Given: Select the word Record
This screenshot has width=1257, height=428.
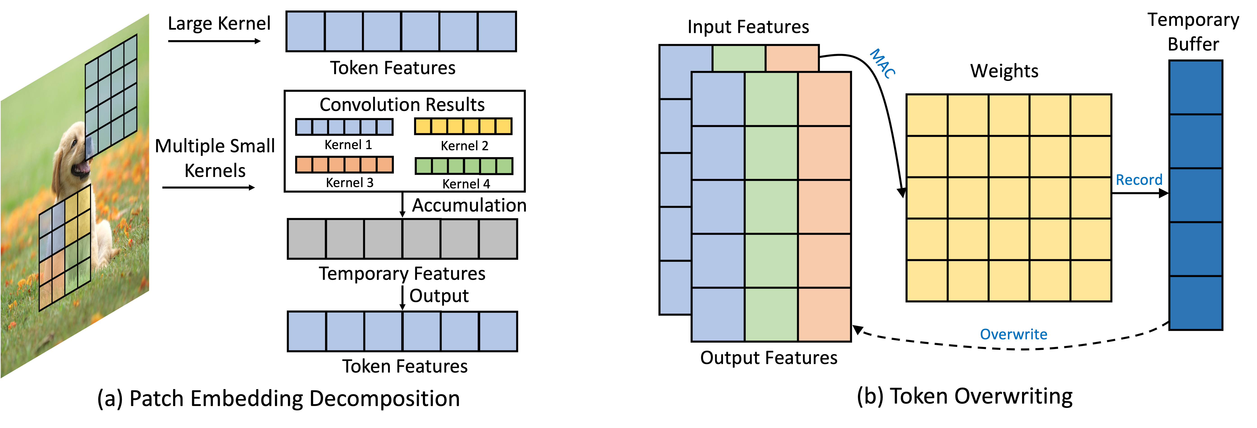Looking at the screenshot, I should point(1139,180).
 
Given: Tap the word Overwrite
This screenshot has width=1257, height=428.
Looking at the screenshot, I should point(1014,334).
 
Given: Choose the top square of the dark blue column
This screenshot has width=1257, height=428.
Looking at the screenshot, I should point(1196,88).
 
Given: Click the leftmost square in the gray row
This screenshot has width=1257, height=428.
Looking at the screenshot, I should point(307,239).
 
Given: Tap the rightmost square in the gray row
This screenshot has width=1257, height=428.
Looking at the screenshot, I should point(498,239).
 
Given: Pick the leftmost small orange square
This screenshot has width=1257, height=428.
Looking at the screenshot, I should point(304,165).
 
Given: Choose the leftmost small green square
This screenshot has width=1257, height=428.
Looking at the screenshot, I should point(424,166).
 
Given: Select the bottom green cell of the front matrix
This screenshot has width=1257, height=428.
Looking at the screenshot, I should point(771,314).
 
